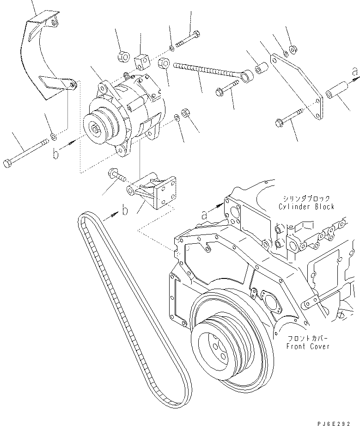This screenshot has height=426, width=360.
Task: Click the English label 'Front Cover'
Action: pyautogui.click(x=308, y=346)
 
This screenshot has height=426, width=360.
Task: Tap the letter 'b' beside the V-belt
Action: pyautogui.click(x=125, y=211)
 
